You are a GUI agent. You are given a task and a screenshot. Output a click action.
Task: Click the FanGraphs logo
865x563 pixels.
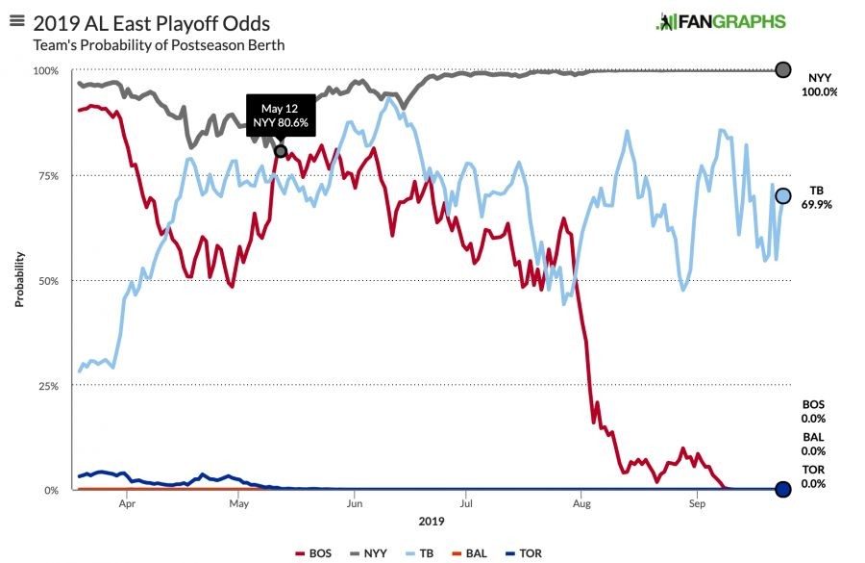click(x=721, y=21)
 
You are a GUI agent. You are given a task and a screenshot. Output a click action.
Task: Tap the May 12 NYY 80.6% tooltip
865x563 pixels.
click(x=281, y=115)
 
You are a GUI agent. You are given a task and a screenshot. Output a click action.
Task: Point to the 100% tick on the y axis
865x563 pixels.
click(x=46, y=71)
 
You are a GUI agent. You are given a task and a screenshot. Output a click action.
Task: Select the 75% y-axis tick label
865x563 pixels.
click(x=48, y=176)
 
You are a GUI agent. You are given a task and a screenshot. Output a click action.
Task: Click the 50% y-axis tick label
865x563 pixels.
click(x=48, y=281)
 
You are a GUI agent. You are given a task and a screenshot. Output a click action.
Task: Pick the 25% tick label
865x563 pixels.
click(x=48, y=386)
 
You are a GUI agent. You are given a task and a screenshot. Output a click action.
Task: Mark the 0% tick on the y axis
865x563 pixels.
click(x=52, y=491)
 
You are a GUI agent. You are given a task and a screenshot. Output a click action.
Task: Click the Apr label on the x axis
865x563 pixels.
click(x=127, y=502)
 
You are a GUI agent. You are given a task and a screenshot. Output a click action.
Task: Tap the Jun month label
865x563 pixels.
click(x=354, y=502)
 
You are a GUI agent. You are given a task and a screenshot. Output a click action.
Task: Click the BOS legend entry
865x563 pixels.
click(x=313, y=554)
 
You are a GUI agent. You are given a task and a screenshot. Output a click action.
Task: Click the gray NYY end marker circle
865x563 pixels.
click(x=782, y=70)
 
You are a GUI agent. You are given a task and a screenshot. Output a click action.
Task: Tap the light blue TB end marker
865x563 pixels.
click(x=782, y=196)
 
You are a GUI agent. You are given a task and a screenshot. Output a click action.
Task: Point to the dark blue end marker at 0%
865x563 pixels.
click(x=782, y=490)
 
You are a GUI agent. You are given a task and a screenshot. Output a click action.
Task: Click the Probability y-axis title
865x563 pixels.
click(x=19, y=280)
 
